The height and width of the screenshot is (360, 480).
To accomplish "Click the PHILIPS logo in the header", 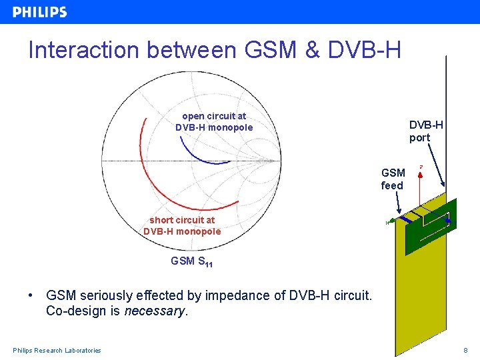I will (x=40, y=12).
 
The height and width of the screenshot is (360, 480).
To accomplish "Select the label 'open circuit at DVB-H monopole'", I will (x=214, y=121).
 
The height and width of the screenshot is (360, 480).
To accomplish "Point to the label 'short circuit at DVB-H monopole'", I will (x=182, y=225).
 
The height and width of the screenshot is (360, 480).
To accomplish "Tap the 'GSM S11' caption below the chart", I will (x=192, y=262).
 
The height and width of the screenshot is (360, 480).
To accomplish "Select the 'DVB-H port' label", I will (x=426, y=131).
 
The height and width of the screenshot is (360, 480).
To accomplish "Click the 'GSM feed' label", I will (x=393, y=179).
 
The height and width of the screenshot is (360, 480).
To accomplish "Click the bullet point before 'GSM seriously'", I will (x=31, y=295).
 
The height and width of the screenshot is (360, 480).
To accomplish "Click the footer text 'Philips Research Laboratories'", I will (x=57, y=351).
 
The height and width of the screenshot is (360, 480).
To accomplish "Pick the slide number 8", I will (x=465, y=351).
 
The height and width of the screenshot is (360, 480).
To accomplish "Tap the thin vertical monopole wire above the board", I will (x=446, y=120).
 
